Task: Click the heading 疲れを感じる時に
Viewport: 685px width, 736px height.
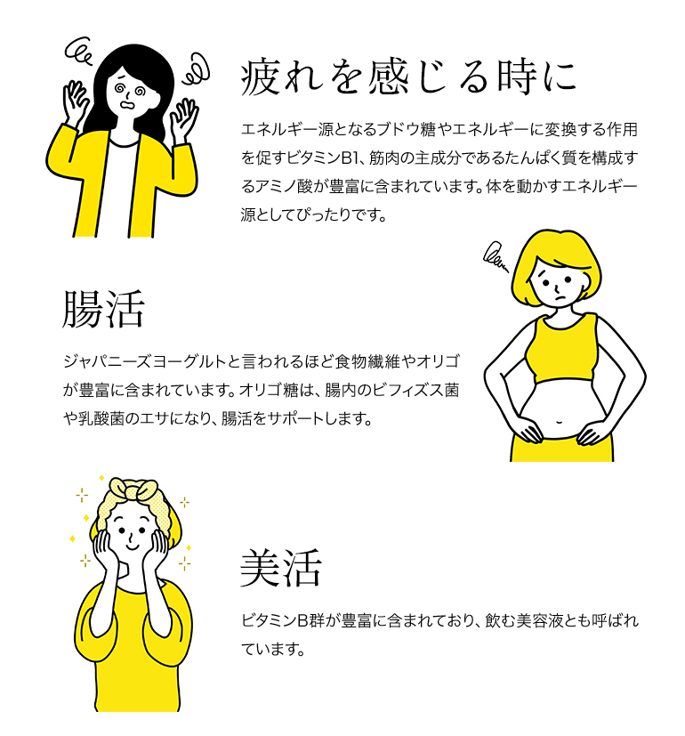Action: pos(408,77)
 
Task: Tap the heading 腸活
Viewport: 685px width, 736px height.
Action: pos(104,309)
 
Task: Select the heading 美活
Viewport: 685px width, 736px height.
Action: pos(280,569)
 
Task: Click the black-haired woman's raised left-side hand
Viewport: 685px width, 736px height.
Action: pos(76,102)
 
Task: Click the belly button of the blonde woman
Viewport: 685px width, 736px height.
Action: pos(559,422)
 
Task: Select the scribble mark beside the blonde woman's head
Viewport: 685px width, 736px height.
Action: pos(496,257)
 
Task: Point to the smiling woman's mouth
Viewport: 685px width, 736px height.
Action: pos(133,546)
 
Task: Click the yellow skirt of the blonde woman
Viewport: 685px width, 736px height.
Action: pos(561,448)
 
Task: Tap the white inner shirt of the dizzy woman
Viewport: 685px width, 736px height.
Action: pos(115,188)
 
